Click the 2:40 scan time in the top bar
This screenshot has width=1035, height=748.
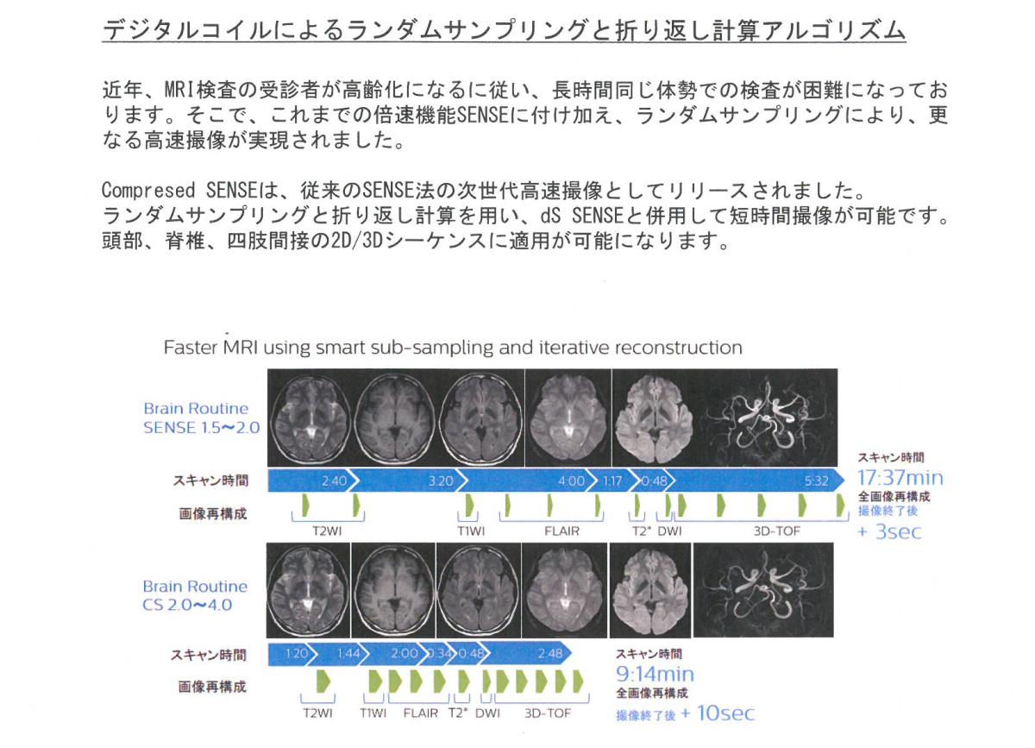click(x=334, y=481)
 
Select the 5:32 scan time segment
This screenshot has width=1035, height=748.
click(x=816, y=481)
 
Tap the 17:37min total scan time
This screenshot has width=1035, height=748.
click(x=900, y=478)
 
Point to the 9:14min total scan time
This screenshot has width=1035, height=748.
click(x=655, y=675)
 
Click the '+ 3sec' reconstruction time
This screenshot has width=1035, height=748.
click(x=889, y=532)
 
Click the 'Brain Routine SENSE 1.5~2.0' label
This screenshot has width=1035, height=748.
click(x=202, y=418)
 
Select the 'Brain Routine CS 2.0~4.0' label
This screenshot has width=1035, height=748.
click(x=195, y=595)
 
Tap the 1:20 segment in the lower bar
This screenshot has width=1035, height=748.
click(x=296, y=654)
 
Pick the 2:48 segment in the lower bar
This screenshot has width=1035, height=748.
click(x=550, y=654)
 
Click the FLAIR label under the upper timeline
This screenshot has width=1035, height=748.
click(x=561, y=531)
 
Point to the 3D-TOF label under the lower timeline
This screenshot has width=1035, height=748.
click(x=548, y=713)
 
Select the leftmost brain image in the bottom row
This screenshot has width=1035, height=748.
click(x=308, y=590)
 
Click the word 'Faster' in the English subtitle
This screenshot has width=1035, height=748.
click(x=191, y=348)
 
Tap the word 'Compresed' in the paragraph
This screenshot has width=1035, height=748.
click(x=147, y=191)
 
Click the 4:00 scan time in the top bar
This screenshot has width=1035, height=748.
click(x=571, y=481)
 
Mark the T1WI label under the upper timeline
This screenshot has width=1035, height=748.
click(x=471, y=531)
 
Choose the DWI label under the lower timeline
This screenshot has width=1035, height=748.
click(x=487, y=713)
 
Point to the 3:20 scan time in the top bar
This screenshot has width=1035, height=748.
click(x=441, y=481)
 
